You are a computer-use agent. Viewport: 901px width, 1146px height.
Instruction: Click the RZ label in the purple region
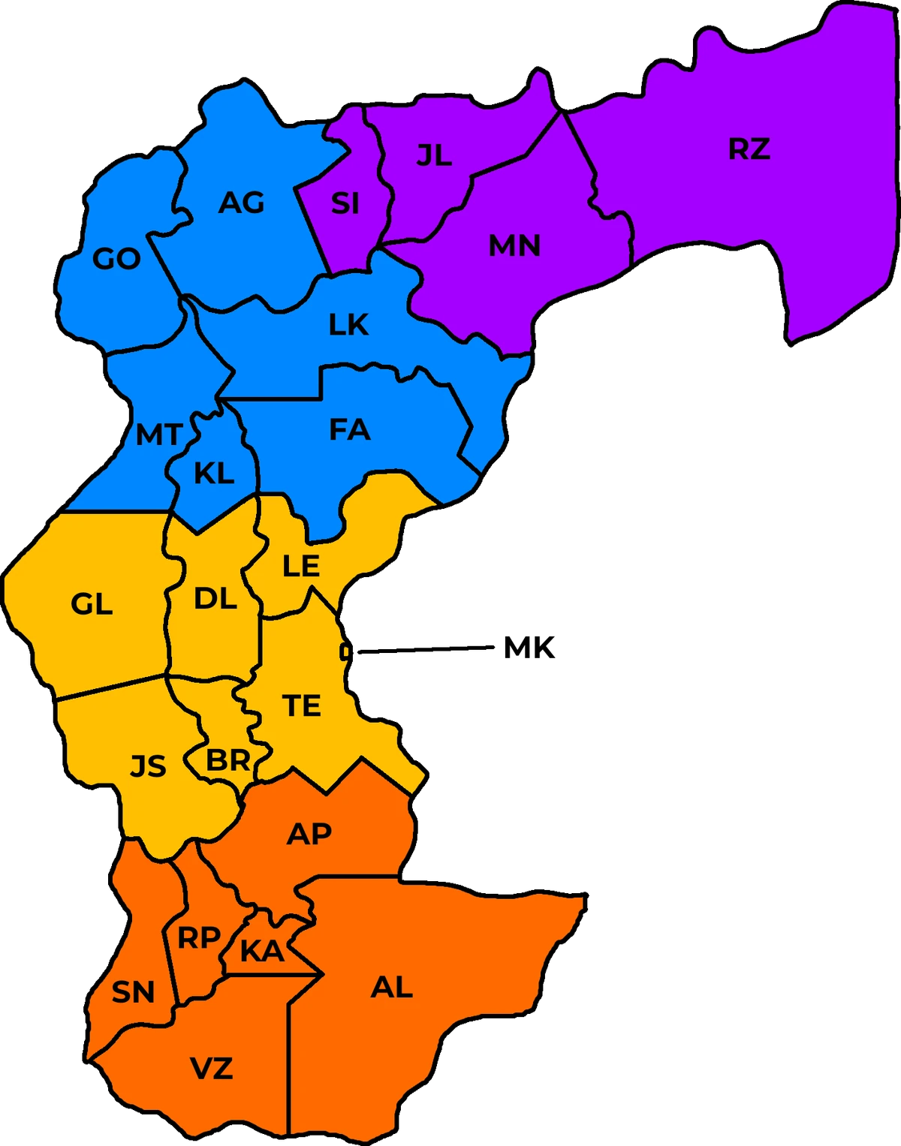click(749, 149)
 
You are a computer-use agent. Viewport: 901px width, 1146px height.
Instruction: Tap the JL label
click(434, 155)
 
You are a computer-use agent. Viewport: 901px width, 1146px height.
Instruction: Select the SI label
click(345, 203)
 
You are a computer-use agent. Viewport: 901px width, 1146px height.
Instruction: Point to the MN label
click(514, 245)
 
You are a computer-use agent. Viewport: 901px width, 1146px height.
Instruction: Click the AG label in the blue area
click(242, 203)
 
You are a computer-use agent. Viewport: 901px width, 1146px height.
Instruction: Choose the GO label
click(116, 259)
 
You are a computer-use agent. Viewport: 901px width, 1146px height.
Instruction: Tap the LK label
click(348, 325)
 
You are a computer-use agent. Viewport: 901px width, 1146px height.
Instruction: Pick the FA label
click(350, 430)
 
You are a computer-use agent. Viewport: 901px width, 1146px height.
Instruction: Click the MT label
click(158, 435)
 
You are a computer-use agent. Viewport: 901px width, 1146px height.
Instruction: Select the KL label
click(214, 474)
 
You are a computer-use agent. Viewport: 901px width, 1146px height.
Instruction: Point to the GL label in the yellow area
click(92, 603)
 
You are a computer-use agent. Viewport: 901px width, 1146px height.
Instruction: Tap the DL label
click(215, 599)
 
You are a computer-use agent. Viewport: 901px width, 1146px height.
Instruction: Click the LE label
click(301, 566)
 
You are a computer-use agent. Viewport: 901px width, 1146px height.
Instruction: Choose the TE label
click(301, 705)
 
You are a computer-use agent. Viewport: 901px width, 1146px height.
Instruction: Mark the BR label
click(228, 761)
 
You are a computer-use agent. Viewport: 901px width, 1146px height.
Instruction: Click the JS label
click(148, 766)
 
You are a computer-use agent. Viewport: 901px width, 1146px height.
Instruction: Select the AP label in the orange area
click(309, 833)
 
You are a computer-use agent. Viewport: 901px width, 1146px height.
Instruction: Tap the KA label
click(262, 952)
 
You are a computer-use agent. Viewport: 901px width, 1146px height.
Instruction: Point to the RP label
click(198, 937)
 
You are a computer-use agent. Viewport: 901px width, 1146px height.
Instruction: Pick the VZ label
click(212, 1068)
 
